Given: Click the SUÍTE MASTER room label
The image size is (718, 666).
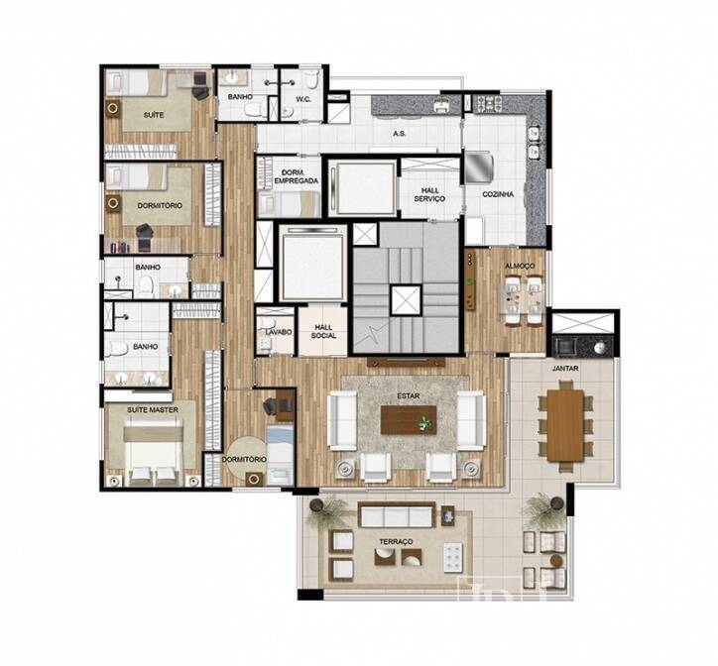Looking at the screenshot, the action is tap(153, 409).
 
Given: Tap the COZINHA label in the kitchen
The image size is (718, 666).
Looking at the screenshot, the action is tap(498, 194).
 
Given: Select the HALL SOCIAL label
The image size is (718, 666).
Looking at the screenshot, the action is tap(323, 331).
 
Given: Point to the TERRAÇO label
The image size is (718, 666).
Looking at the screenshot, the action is tap(396, 541).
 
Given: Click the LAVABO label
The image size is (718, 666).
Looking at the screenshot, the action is tap(279, 332).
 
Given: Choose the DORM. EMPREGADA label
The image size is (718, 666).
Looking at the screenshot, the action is tap(297, 176).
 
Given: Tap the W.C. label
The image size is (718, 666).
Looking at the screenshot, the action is tap(303, 99).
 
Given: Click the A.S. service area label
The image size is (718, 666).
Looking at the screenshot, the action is tap(399, 134).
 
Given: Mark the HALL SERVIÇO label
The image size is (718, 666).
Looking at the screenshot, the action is tap(429, 194).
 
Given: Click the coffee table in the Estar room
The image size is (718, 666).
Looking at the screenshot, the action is tap(409, 420).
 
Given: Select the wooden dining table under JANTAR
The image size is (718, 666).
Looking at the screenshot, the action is tap(565, 425).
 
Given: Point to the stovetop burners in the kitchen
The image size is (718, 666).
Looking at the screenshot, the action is tap(488, 104).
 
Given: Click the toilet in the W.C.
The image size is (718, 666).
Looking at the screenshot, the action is tap(311, 79).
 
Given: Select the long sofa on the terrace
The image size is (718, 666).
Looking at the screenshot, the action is tap(397, 514).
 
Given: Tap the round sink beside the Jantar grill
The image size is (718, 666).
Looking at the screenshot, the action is tap(600, 348).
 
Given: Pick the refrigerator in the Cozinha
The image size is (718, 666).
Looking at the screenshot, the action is tap(479, 167).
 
